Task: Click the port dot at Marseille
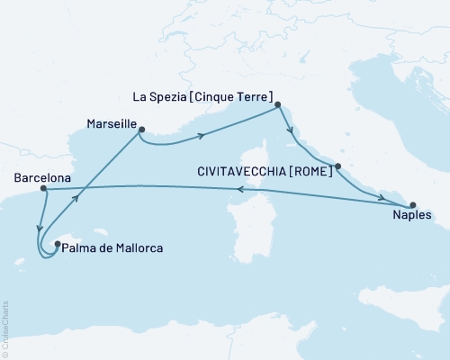click(141, 130)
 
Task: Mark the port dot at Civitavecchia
click(337, 166)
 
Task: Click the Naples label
click(412, 216)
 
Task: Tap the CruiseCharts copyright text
click(5, 329)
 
